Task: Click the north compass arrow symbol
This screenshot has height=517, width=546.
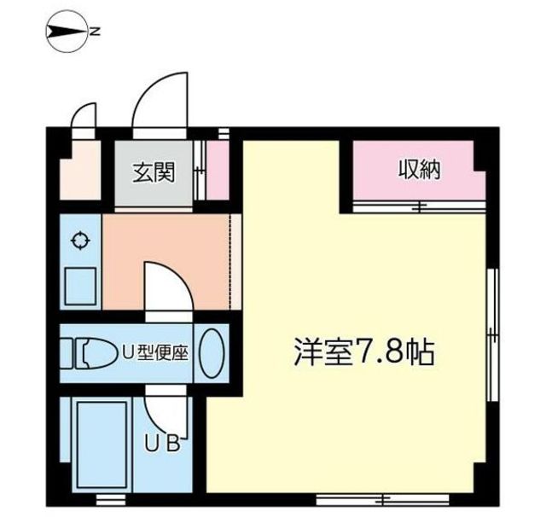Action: [67, 32]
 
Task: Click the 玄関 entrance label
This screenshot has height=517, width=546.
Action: [154, 173]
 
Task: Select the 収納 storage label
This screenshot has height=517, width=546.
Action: [418, 170]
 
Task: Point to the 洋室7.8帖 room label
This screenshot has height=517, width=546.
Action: [364, 351]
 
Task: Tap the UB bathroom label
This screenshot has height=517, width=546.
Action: [161, 444]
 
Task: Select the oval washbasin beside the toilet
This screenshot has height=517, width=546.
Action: [212, 351]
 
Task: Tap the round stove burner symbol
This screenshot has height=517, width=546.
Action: [81, 241]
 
